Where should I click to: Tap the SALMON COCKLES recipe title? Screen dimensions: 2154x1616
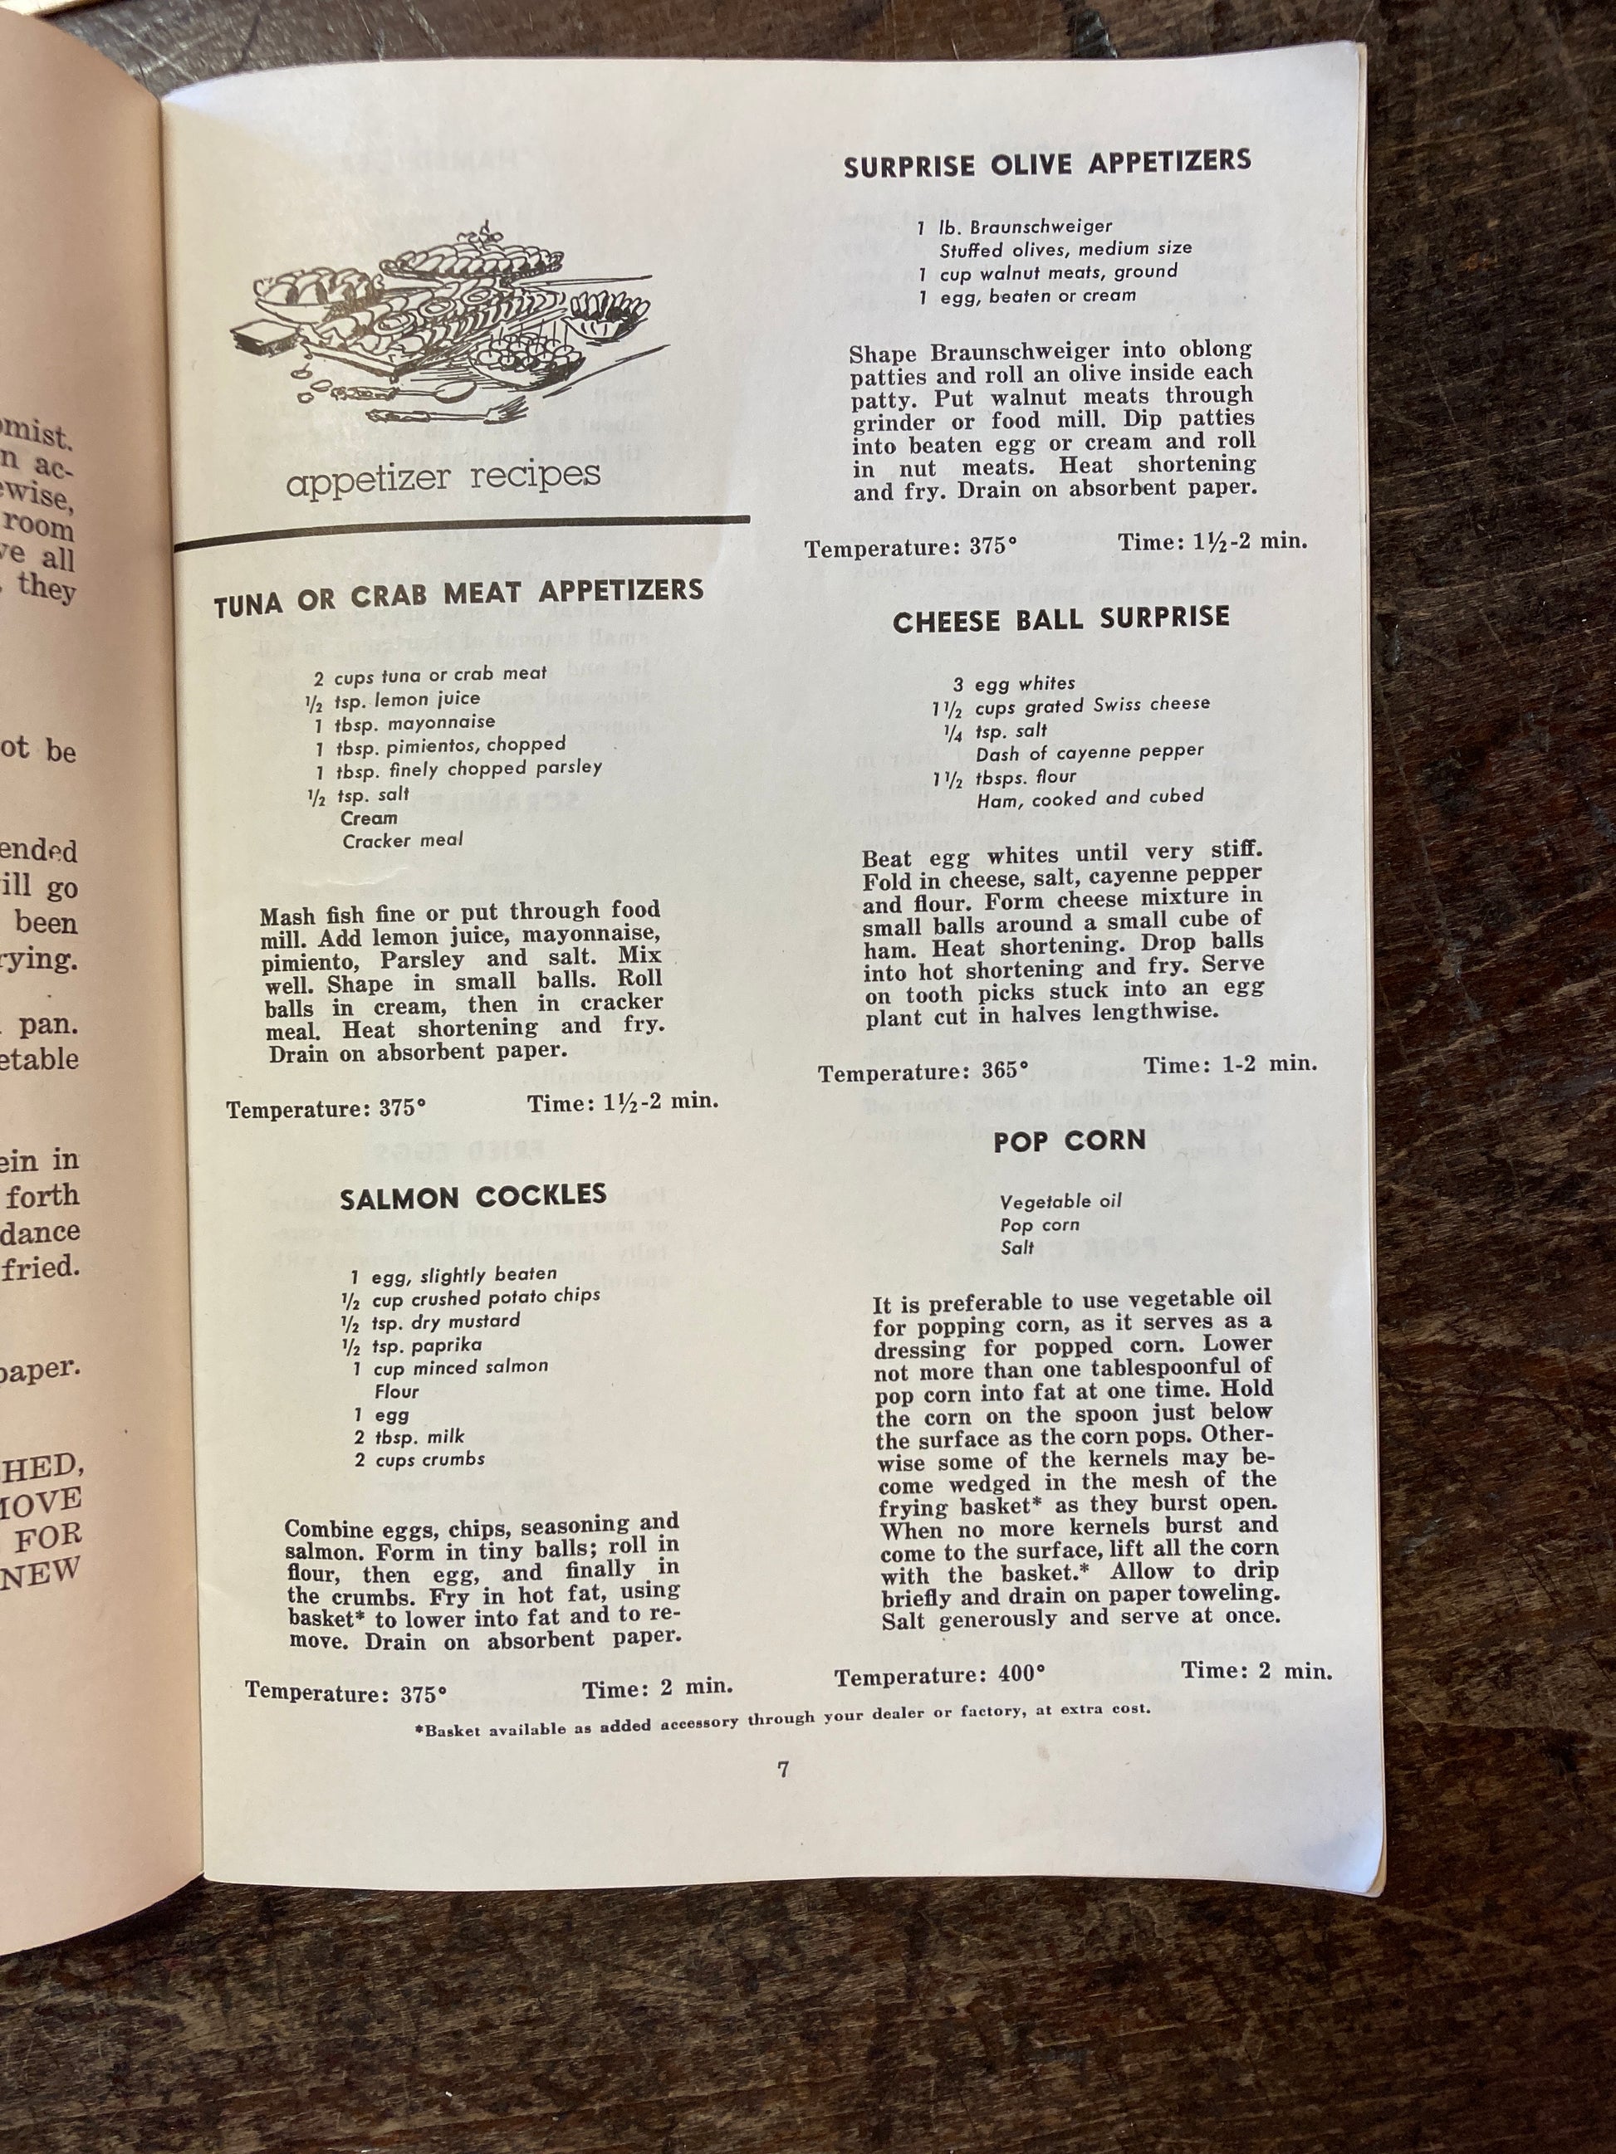(473, 1197)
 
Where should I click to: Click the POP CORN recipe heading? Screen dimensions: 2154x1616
(1070, 1140)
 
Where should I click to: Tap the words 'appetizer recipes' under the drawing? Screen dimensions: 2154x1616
(443, 478)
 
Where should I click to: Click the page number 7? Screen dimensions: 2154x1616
(783, 1770)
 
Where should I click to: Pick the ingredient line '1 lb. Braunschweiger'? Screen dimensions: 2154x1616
(1014, 227)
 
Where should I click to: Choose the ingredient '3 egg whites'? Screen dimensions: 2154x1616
(1014, 684)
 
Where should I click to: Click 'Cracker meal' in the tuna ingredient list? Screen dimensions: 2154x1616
(402, 839)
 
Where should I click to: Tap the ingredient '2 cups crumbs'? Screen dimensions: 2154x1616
(419, 1458)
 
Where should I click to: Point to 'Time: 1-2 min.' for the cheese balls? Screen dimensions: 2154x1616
(1230, 1064)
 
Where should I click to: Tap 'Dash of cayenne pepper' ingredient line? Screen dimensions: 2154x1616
(1089, 753)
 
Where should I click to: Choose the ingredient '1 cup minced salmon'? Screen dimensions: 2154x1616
(450, 1367)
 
